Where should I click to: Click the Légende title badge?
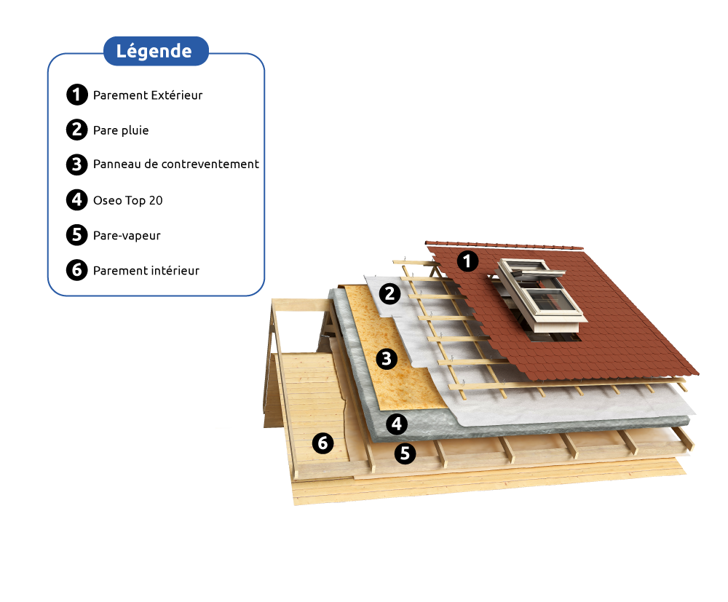156,52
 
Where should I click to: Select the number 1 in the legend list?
76,95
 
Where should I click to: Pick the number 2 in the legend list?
76,130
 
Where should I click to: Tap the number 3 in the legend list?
76,165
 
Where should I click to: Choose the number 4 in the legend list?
76,199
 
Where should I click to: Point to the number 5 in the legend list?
76,234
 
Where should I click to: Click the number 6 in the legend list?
76,270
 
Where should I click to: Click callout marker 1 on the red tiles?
467,261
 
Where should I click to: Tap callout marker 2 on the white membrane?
390,294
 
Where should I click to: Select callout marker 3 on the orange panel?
387,358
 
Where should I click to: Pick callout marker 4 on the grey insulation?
396,423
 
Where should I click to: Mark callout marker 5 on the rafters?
405,454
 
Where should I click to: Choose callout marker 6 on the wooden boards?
323,443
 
